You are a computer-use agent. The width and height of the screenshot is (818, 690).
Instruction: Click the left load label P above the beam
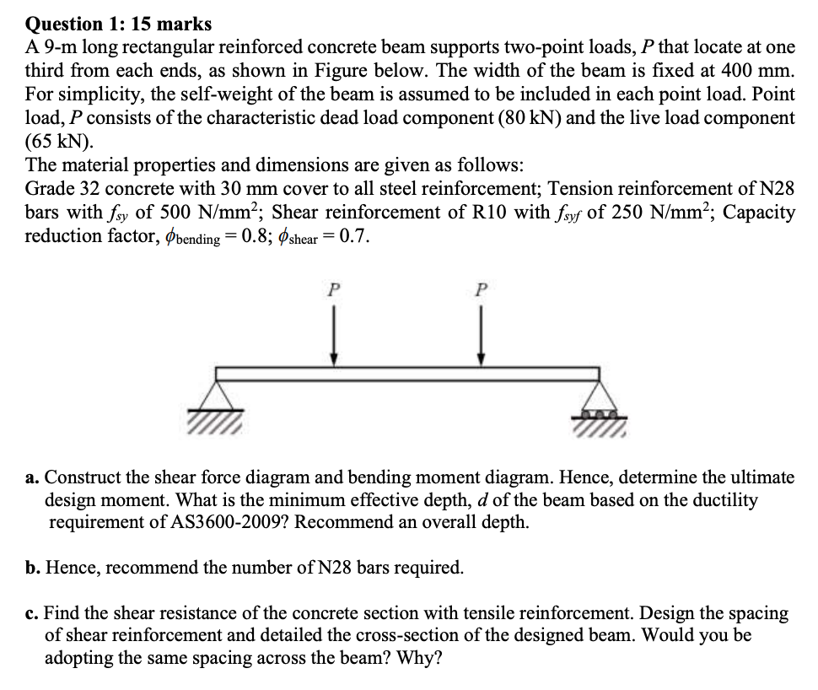pos(334,288)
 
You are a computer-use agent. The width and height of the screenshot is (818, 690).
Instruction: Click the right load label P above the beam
pos(481,288)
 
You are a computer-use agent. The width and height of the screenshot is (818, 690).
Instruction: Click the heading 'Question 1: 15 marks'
pos(118,24)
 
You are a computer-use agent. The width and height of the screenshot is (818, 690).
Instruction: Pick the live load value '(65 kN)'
pos(60,140)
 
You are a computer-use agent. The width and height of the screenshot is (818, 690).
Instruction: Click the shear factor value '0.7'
pos(353,235)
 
